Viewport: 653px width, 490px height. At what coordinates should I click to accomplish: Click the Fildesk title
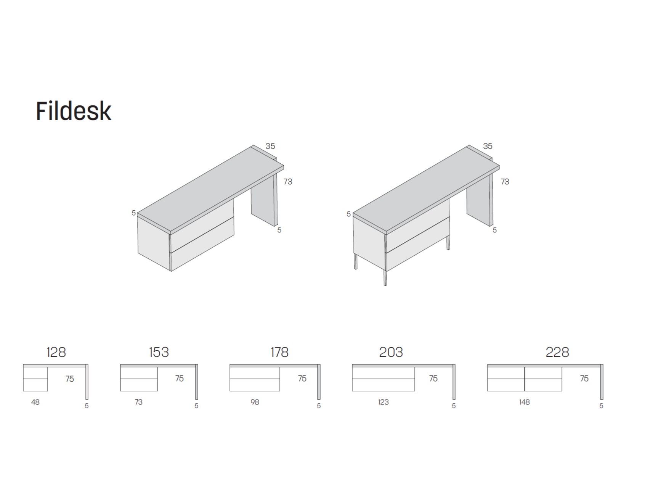pyautogui.click(x=74, y=111)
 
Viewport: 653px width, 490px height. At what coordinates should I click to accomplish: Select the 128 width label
pyautogui.click(x=56, y=352)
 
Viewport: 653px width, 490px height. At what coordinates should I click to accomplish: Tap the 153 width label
pyautogui.click(x=159, y=352)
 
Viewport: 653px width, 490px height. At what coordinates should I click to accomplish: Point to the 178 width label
pyautogui.click(x=279, y=352)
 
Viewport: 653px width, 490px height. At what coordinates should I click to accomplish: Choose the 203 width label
pyautogui.click(x=391, y=352)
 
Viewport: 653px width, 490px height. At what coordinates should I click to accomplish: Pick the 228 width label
pyautogui.click(x=557, y=352)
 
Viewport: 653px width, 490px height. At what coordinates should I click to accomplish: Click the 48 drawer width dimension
pyautogui.click(x=35, y=402)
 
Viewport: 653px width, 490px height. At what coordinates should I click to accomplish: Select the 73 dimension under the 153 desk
pyautogui.click(x=138, y=402)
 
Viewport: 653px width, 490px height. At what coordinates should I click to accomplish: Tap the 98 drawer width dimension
pyautogui.click(x=255, y=402)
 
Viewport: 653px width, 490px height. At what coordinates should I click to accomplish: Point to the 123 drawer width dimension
pyautogui.click(x=383, y=402)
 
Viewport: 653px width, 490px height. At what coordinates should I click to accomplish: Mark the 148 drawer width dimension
pyautogui.click(x=524, y=402)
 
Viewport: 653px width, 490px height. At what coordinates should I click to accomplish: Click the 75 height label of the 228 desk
pyautogui.click(x=584, y=378)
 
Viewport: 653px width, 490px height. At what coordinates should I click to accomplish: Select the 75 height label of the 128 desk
pyautogui.click(x=69, y=379)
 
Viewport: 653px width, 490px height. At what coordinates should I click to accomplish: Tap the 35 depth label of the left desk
pyautogui.click(x=270, y=146)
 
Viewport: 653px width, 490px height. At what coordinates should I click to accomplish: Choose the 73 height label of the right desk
pyautogui.click(x=505, y=182)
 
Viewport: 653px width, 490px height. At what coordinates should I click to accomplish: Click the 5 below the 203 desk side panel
pyautogui.click(x=454, y=406)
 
